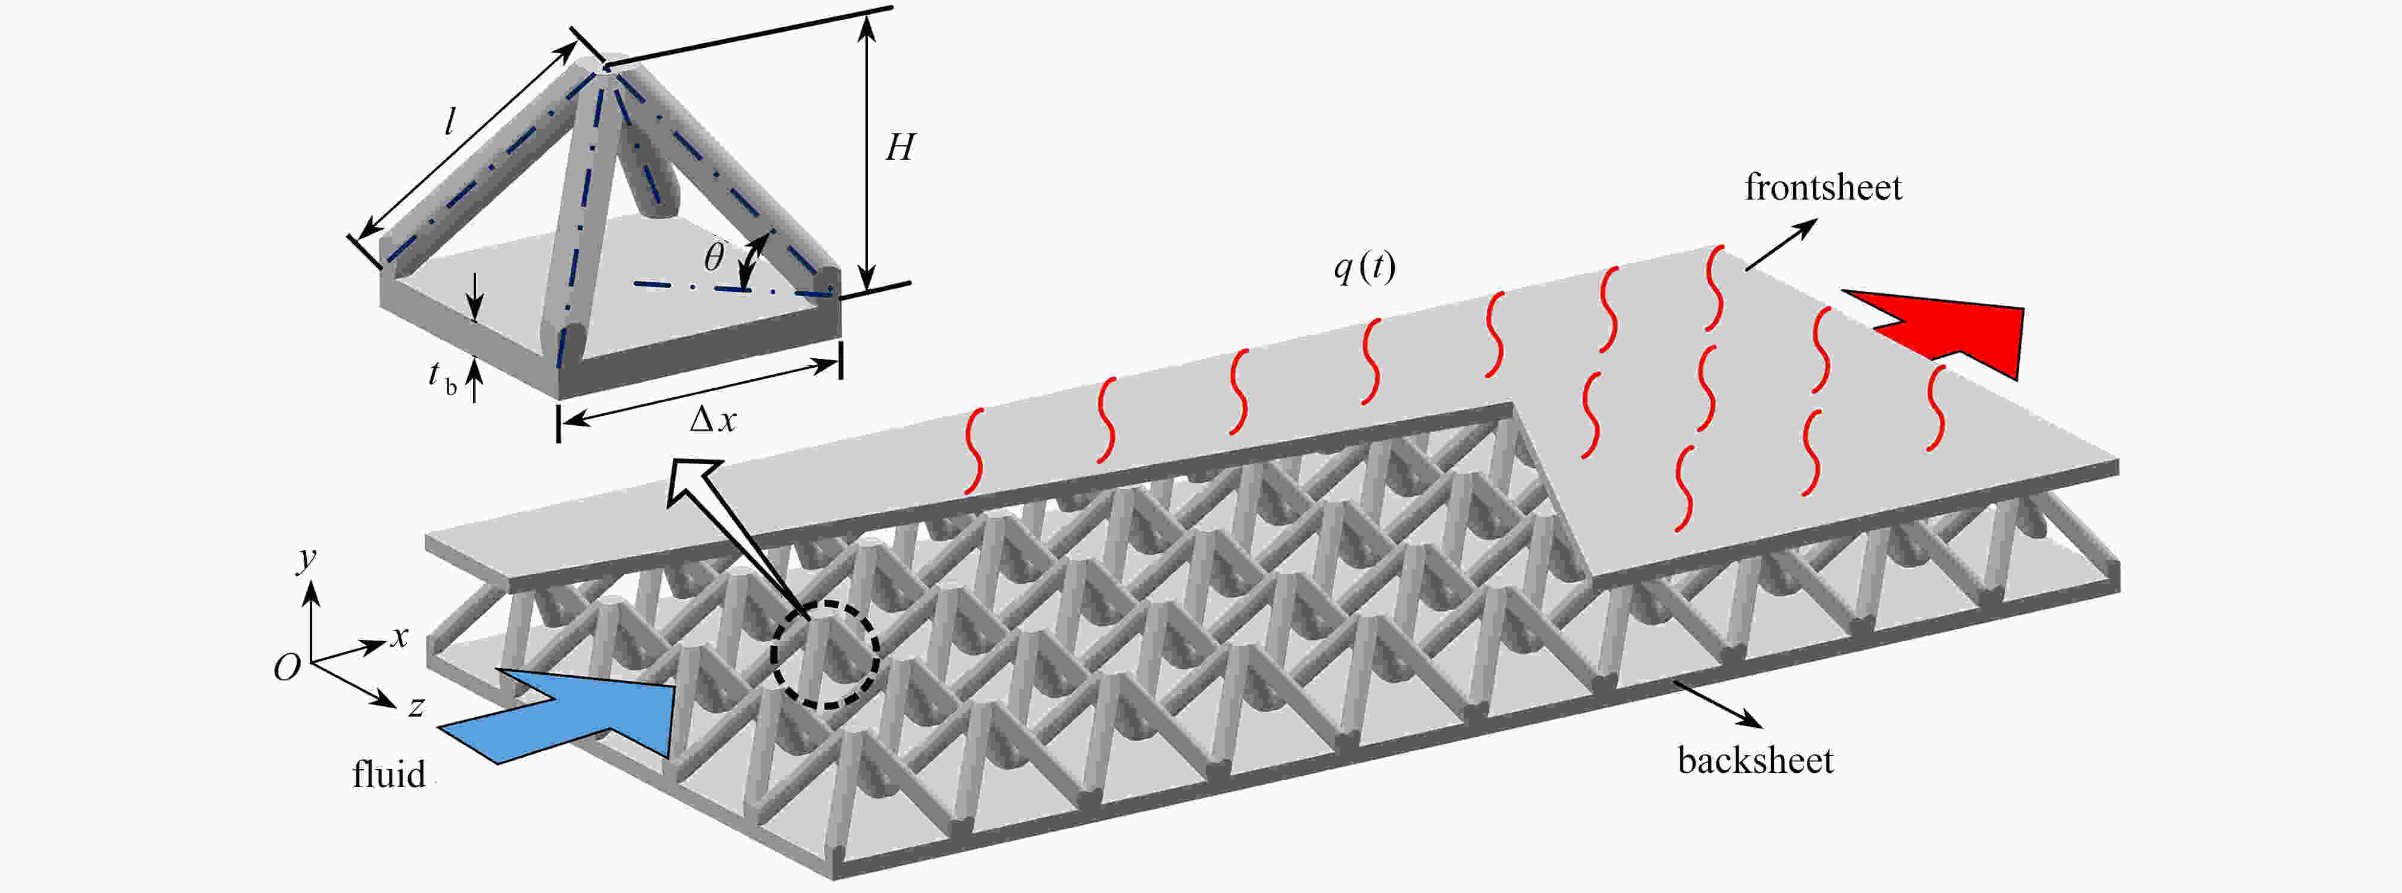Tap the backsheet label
1755,761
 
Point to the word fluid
388,775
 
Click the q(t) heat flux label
1364,269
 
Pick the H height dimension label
900,147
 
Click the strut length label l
450,121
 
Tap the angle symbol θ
714,257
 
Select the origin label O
286,668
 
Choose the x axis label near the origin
399,638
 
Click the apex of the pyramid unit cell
604,65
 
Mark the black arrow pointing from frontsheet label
1781,244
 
